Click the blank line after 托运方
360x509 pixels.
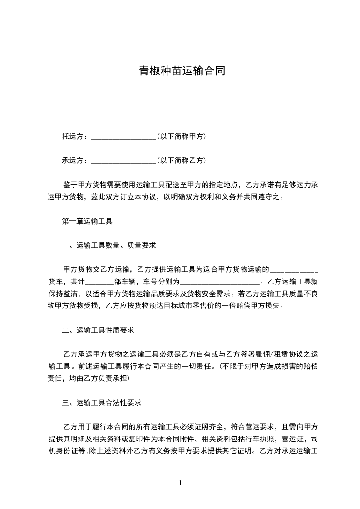tap(123, 137)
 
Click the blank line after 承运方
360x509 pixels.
tap(123, 161)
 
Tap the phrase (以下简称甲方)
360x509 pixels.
tap(182, 136)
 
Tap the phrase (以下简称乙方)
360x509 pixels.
tap(182, 160)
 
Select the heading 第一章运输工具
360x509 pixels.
tap(87, 221)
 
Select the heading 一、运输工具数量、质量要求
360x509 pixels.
tap(108, 245)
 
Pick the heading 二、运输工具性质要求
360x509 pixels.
tap(98, 330)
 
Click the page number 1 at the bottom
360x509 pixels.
tap(180, 483)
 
